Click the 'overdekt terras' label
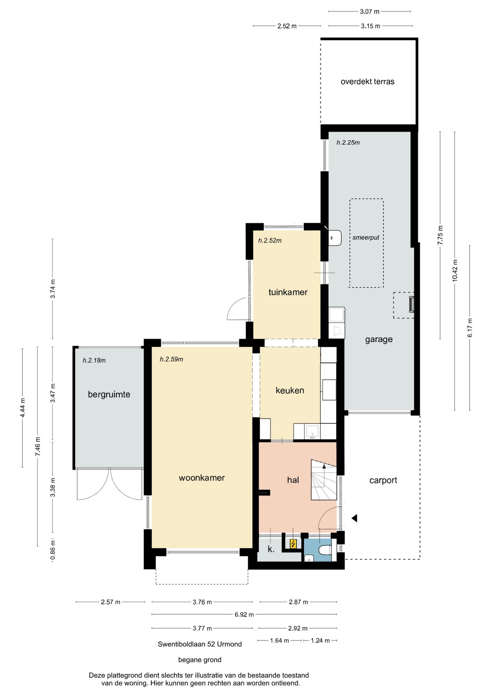coord(367,82)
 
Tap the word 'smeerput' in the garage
coord(366,238)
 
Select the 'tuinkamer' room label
coord(288,292)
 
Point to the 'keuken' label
coord(290,390)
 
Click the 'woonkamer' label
coord(202,478)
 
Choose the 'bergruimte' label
coord(109,394)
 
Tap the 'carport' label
coord(383,480)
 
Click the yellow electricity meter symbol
coord(293,544)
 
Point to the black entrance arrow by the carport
coord(354,518)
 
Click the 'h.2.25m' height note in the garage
coord(348,142)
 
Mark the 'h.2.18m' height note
coord(94,360)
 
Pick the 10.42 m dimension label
coord(455,270)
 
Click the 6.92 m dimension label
coord(244,614)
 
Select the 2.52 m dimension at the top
coord(287,26)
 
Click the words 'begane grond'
coord(200,660)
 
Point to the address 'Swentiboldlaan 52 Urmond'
coord(200,644)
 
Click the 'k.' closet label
coord(271,549)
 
